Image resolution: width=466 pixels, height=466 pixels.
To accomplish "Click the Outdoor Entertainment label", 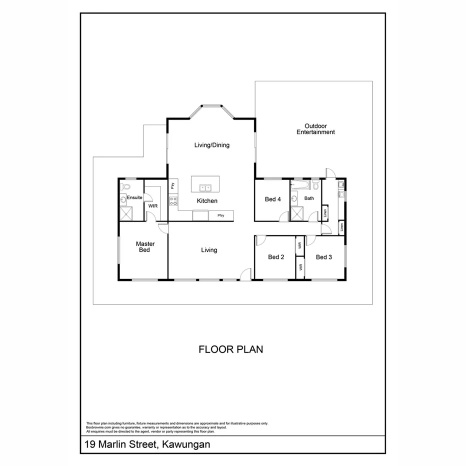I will click(315, 129).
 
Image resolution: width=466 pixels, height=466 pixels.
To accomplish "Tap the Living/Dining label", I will click(211, 145).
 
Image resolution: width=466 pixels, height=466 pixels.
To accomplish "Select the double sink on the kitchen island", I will click(205, 188).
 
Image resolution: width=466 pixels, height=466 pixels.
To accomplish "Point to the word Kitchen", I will click(207, 201).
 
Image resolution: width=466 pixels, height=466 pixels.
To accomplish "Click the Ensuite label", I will click(134, 198).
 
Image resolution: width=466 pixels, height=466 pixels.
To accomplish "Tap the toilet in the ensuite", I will click(125, 186).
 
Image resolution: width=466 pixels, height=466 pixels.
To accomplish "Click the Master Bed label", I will click(145, 247).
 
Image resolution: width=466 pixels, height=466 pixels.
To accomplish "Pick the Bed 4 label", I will click(272, 199).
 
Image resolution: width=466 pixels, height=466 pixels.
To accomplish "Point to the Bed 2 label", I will click(276, 257).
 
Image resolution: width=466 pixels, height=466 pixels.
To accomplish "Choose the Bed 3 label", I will click(324, 257).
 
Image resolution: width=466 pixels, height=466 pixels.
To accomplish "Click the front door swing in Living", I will click(245, 274).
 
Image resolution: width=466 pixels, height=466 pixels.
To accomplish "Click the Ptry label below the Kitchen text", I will click(220, 215).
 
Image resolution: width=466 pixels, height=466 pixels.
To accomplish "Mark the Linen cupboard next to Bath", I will click(324, 211).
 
